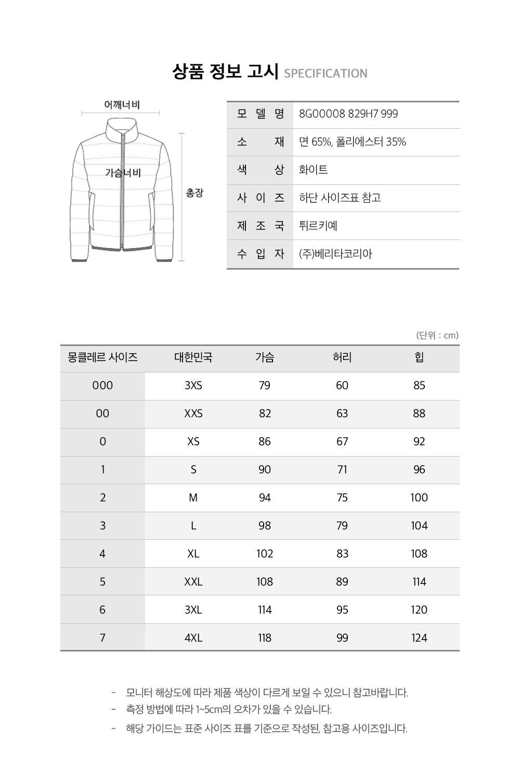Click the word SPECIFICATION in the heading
(326, 73)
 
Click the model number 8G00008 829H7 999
(348, 114)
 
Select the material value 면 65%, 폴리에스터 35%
(353, 142)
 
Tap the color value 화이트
(314, 170)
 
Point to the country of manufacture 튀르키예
(318, 226)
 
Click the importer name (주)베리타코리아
(336, 254)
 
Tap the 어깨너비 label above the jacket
(122, 105)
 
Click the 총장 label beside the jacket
(195, 193)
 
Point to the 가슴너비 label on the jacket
(123, 172)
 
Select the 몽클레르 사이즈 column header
(102, 357)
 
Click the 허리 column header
(342, 357)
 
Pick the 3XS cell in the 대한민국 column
(193, 385)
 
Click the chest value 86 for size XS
(265, 442)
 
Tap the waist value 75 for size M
(342, 498)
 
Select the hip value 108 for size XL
(419, 554)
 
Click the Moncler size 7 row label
(102, 638)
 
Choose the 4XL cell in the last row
(193, 638)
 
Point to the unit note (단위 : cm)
(437, 335)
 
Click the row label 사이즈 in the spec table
(261, 198)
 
